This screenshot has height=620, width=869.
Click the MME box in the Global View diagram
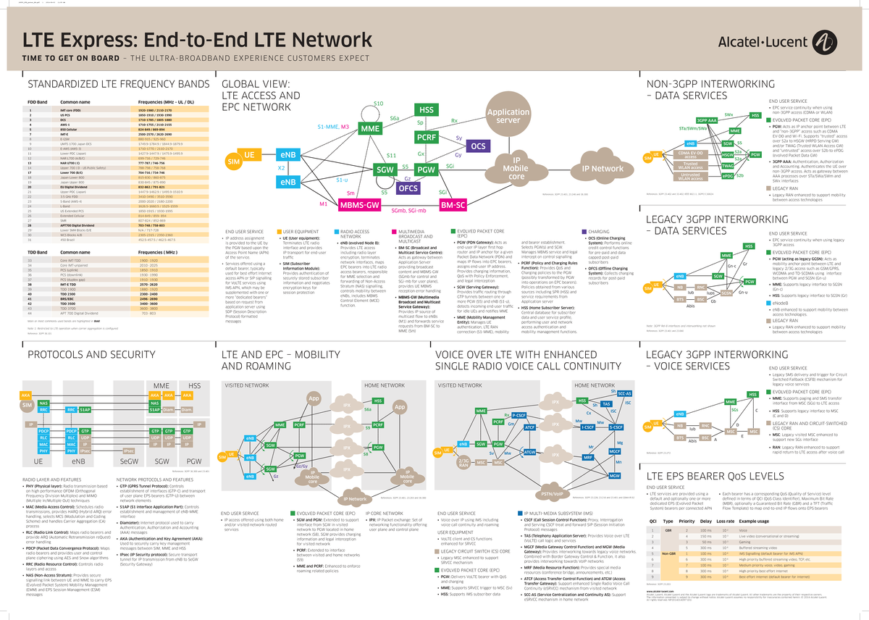tap(370, 129)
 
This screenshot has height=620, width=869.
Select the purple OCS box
tap(479, 146)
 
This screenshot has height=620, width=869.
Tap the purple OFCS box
tap(408, 188)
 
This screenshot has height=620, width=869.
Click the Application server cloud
tap(508, 117)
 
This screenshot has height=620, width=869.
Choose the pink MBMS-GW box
tap(361, 206)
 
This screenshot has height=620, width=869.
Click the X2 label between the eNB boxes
tap(282, 167)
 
